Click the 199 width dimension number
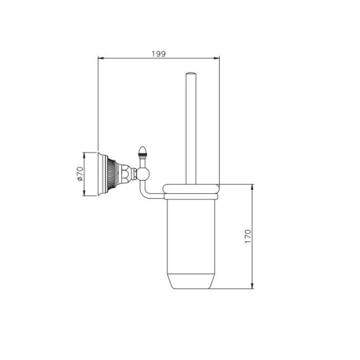pyautogui.click(x=158, y=53)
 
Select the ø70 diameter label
pyautogui.click(x=79, y=174)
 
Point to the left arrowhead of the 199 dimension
pyautogui.click(x=100, y=58)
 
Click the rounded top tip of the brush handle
pyautogui.click(x=191, y=74)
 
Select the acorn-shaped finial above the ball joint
pyautogui.click(x=143, y=151)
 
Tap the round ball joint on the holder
pyautogui.click(x=143, y=175)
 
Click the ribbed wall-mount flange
pyautogui.click(x=108, y=174)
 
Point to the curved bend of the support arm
pyautogui.click(x=144, y=193)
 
